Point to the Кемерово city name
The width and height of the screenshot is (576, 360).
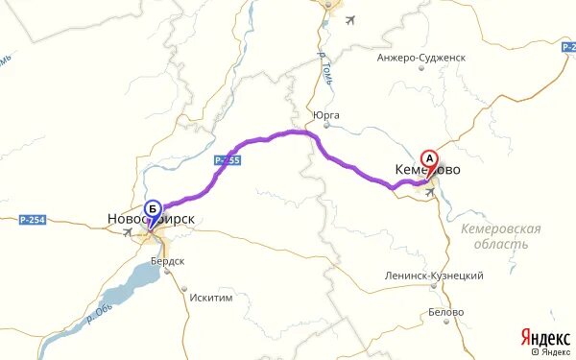pyautogui.click(x=427, y=170)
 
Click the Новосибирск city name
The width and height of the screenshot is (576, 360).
pyautogui.click(x=146, y=220)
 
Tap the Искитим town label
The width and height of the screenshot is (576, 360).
pyautogui.click(x=211, y=298)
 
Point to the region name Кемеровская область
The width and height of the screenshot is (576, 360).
pyautogui.click(x=500, y=236)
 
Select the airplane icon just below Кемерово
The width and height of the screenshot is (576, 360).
pyautogui.click(x=429, y=191)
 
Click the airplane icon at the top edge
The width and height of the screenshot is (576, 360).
pyautogui.click(x=348, y=19)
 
